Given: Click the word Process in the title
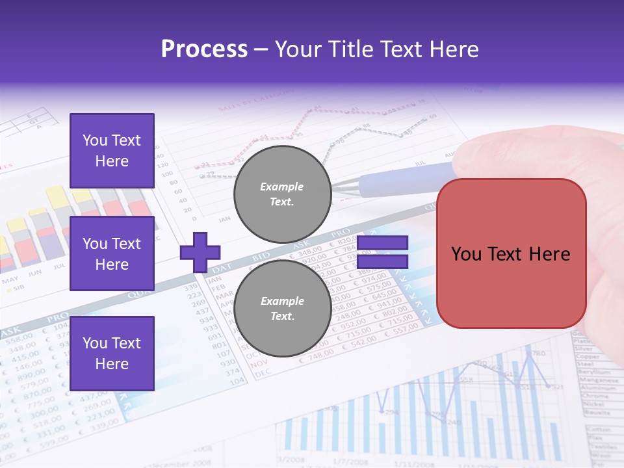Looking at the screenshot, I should click(x=204, y=49).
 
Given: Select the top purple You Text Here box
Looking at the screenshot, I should click(x=112, y=151).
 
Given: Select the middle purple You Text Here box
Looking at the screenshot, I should click(x=112, y=253).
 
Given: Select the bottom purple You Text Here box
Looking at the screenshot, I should click(x=112, y=353).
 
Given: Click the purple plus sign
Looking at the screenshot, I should click(x=200, y=253).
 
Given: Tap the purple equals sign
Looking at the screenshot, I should click(x=382, y=253).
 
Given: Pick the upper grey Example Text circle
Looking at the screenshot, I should click(x=282, y=194).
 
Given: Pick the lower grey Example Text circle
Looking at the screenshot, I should click(x=282, y=309).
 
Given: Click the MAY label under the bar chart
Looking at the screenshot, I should click(x=10, y=281).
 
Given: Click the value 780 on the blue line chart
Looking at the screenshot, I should click(x=538, y=354).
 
